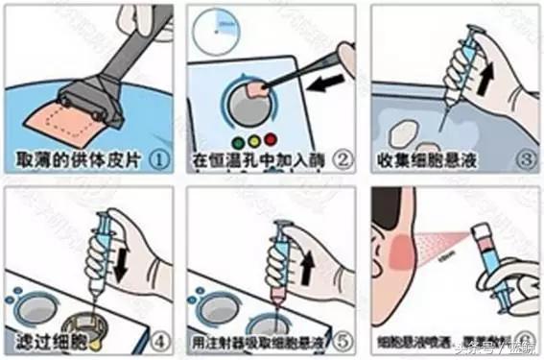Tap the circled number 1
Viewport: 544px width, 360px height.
(x=158, y=157)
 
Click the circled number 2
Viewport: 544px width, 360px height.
(x=343, y=157)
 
